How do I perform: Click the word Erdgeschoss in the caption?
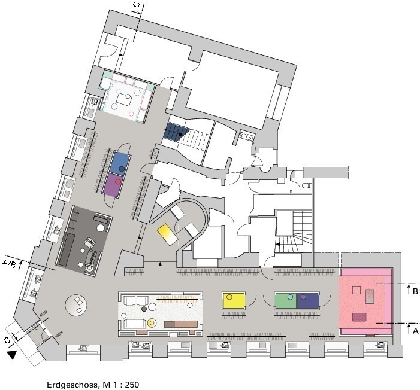coord(71,385)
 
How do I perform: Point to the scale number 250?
coord(132,385)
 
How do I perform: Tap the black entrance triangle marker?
coord(12,355)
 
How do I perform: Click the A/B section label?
coord(9,264)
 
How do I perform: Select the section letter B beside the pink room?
coord(415,291)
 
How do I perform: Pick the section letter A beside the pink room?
coord(415,331)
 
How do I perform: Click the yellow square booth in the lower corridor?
coord(234,300)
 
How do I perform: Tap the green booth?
coord(286,300)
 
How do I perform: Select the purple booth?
coord(113,185)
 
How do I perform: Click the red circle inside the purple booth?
coord(117,181)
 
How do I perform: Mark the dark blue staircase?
coord(176,132)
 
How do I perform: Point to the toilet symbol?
coord(307,185)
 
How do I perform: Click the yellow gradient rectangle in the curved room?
coord(167,234)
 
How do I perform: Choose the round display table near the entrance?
coord(76,305)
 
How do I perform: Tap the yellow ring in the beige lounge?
coord(152,323)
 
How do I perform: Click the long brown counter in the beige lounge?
coord(181,324)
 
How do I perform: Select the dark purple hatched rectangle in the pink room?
coord(359,317)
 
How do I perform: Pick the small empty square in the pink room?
coord(356,290)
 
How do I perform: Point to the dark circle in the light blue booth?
coord(122,169)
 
